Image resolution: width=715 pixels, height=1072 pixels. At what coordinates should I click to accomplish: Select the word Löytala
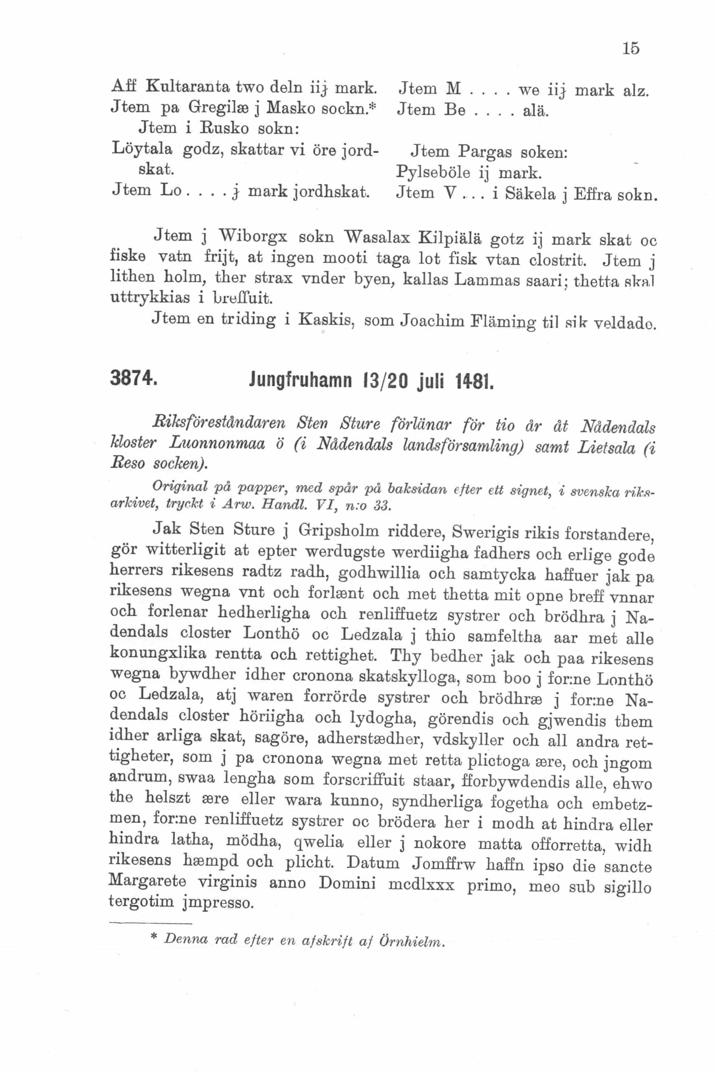point(141,150)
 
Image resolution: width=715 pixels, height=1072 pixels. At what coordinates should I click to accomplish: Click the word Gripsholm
point(339,531)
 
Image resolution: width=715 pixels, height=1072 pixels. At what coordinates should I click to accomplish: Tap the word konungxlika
point(157,654)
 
